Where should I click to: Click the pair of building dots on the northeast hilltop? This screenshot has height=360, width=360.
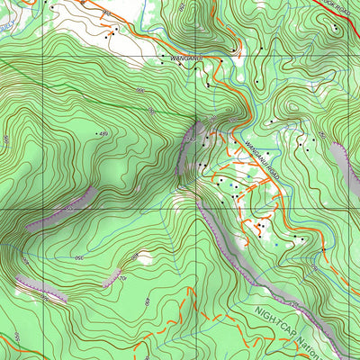(x=334, y=27)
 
